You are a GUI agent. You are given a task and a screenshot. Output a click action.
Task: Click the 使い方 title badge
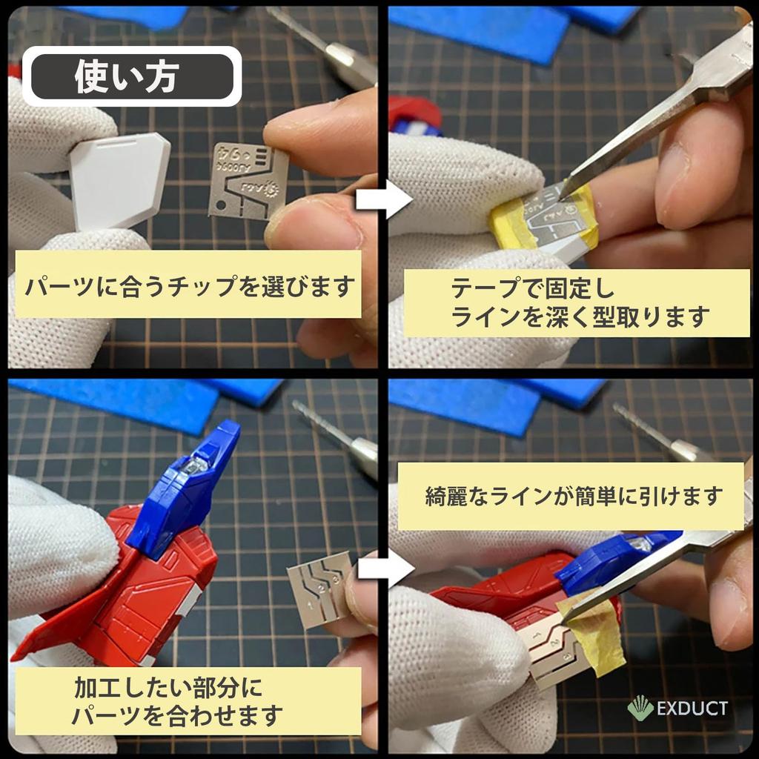[132, 76]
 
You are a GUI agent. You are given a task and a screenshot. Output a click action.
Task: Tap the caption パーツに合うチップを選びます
[188, 285]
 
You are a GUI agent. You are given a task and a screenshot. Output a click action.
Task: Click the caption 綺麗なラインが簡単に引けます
[571, 496]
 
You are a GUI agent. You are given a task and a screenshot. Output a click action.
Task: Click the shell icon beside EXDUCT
[641, 709]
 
